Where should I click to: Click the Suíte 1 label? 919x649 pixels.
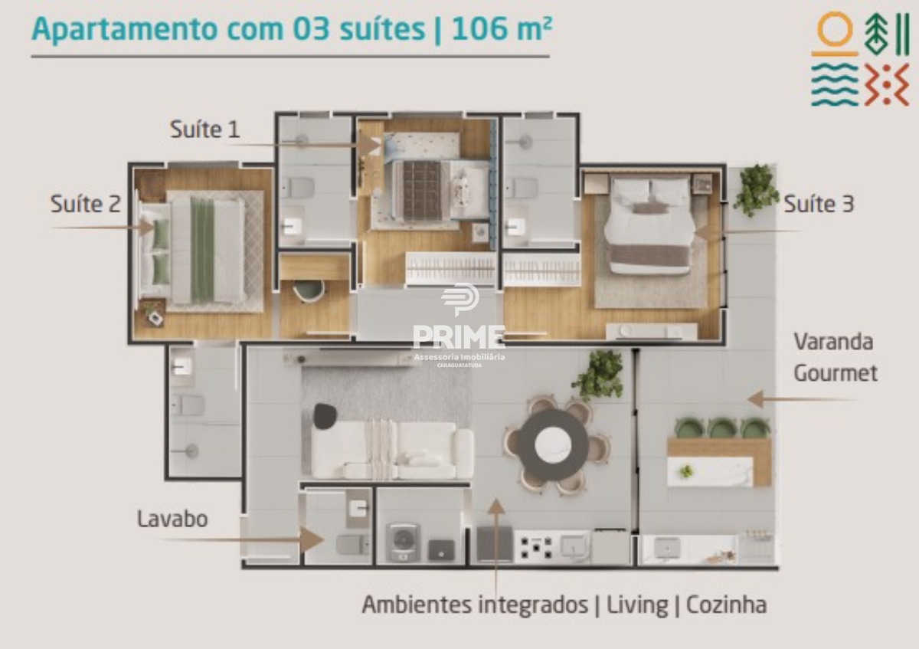(x=204, y=129)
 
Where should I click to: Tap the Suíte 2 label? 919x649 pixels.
(x=85, y=204)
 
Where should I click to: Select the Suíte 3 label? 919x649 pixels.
(x=819, y=204)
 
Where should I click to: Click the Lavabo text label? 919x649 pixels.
(x=172, y=519)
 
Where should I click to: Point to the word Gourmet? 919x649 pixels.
(x=836, y=373)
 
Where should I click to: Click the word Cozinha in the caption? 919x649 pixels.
(x=726, y=605)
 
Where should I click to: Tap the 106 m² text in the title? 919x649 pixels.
(x=502, y=29)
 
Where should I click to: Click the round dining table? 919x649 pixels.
(x=554, y=444)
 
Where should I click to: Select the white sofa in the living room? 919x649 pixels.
(x=392, y=451)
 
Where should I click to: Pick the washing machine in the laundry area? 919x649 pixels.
(x=404, y=542)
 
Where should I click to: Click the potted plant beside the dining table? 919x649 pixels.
(x=598, y=375)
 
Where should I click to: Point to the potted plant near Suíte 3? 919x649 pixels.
(x=756, y=190)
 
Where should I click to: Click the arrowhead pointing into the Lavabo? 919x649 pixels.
(x=312, y=539)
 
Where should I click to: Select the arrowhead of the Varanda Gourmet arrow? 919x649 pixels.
(x=755, y=399)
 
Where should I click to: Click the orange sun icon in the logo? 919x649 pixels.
(x=835, y=34)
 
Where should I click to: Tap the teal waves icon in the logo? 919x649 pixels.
(x=835, y=84)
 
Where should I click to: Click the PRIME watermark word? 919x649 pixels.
(x=459, y=336)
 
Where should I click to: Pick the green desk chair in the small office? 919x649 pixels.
(x=309, y=290)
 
